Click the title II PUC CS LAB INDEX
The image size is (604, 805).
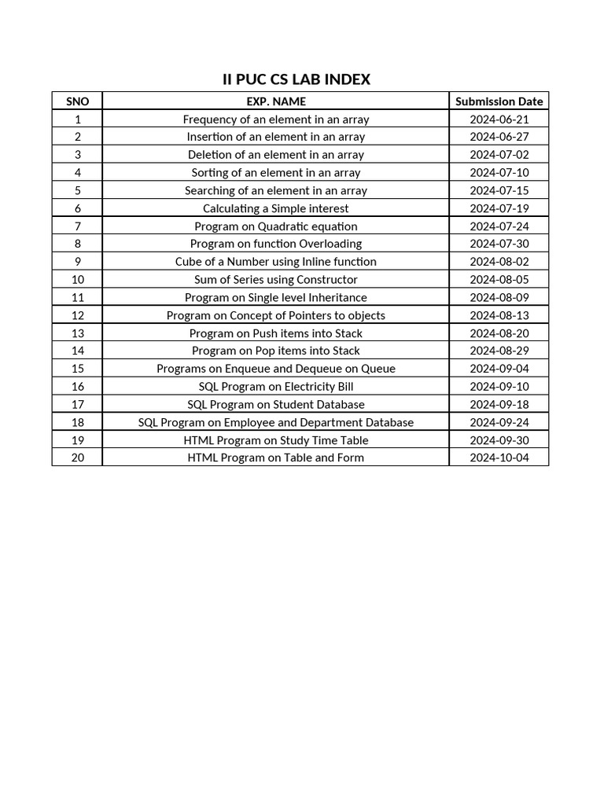(x=296, y=79)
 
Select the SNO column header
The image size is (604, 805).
(x=77, y=101)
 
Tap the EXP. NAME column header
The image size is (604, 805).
(x=275, y=101)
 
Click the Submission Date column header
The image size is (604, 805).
(x=499, y=101)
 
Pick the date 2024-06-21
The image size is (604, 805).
(x=499, y=119)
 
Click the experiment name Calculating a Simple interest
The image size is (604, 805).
(x=275, y=208)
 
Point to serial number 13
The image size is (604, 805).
(x=77, y=333)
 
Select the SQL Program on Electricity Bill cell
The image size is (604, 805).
(x=275, y=387)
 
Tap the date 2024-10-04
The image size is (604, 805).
(x=499, y=458)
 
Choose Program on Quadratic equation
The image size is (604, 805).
(x=275, y=226)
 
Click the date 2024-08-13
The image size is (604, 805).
(x=499, y=315)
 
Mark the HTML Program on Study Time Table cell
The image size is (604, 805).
(x=275, y=440)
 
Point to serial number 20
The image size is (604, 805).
(x=77, y=458)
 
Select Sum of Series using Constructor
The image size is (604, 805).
(x=275, y=280)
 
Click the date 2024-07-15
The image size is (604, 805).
(x=499, y=190)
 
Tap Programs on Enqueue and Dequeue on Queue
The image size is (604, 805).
(x=275, y=369)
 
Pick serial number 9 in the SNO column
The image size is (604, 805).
(x=77, y=262)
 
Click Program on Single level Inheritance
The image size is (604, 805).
(x=275, y=297)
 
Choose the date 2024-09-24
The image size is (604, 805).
(x=499, y=422)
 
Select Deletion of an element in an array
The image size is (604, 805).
(x=275, y=155)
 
